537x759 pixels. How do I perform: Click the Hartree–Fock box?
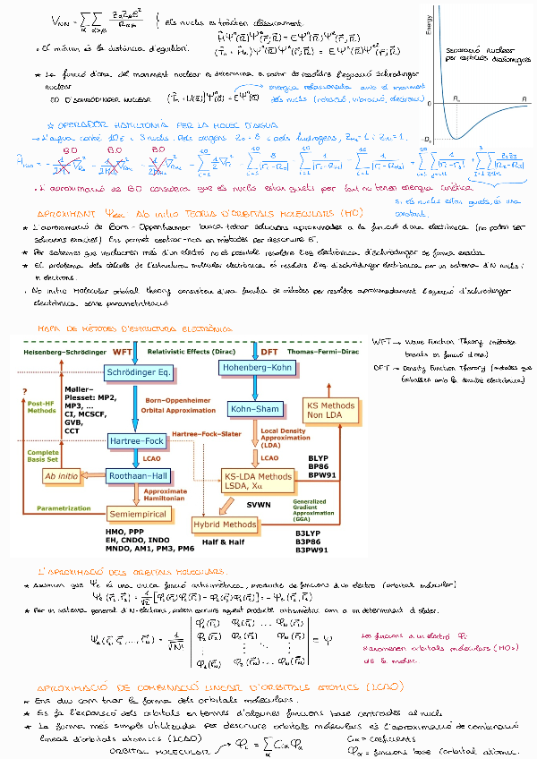coord(132,441)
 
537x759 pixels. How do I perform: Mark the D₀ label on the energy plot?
coord(429,138)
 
